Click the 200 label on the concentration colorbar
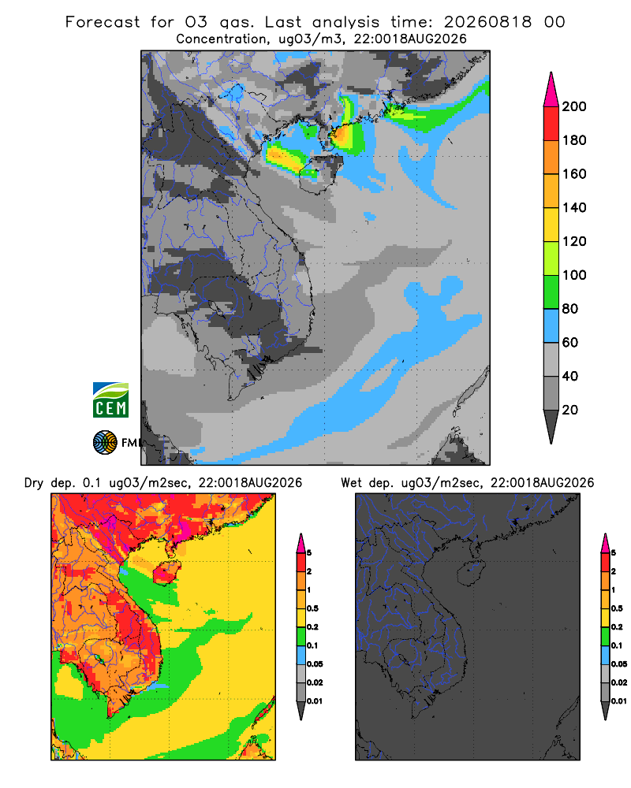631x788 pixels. [x=574, y=106]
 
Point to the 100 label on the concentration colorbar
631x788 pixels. [x=574, y=275]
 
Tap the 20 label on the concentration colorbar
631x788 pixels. [x=569, y=410]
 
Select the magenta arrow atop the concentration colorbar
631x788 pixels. [x=551, y=90]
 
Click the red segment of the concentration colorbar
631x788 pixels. [x=551, y=124]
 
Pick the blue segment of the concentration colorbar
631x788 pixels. [x=551, y=325]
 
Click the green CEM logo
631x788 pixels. [x=110, y=400]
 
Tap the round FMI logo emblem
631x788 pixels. [x=105, y=443]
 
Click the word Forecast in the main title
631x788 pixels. [x=103, y=22]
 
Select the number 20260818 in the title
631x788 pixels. [x=487, y=22]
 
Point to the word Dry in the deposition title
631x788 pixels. [x=34, y=483]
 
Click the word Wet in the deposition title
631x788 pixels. [x=351, y=483]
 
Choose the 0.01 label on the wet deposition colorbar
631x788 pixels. [x=619, y=701]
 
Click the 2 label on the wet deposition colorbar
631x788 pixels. [x=614, y=571]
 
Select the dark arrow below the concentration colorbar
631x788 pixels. [x=551, y=426]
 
